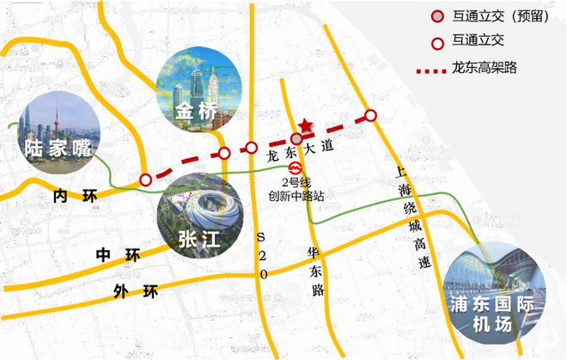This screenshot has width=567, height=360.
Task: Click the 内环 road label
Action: (72, 197)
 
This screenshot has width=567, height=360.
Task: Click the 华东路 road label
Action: (313, 266)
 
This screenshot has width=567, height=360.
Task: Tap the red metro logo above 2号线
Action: (295, 168)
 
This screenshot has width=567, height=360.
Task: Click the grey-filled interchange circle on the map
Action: (296, 138)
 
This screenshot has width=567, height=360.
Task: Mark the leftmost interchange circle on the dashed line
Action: (146, 179)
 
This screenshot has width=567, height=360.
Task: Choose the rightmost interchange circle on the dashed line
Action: (370, 115)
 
